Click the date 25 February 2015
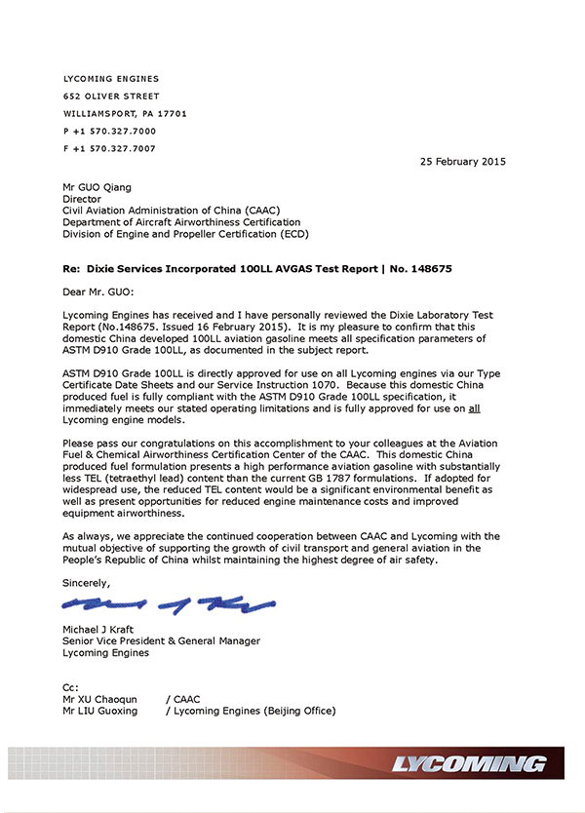coord(462,161)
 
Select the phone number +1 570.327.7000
coord(109,131)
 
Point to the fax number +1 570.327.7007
coord(109,148)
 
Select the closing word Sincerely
coord(86,582)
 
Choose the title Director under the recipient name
coord(82,199)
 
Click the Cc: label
coord(71,687)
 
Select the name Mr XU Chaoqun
coord(100,699)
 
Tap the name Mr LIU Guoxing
coord(100,711)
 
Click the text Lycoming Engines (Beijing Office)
coord(256,711)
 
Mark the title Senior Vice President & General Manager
coord(162,641)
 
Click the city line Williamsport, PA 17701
coord(125,113)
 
